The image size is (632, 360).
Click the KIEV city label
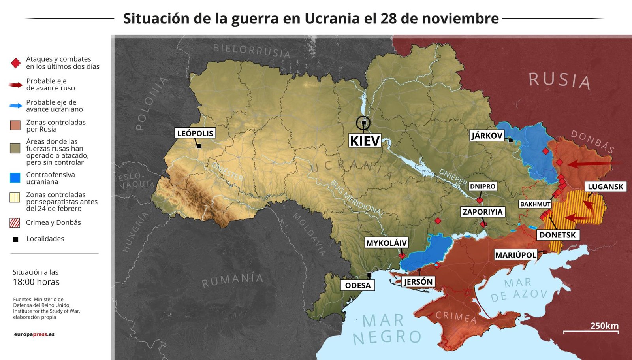click(365, 141)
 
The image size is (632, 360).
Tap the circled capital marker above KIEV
click(363, 123)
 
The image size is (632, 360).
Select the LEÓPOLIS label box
click(195, 133)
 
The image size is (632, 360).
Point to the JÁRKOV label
click(487, 136)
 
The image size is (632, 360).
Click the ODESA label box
click(358, 285)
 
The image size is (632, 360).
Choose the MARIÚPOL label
click(516, 255)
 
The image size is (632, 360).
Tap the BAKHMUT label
click(535, 204)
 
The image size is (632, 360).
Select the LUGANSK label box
click(605, 187)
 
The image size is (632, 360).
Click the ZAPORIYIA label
click(483, 212)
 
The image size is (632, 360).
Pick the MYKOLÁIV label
click(386, 243)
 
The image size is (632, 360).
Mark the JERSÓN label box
click(418, 282)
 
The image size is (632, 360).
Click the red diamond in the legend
click(15, 63)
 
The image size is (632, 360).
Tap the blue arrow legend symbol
click(16, 106)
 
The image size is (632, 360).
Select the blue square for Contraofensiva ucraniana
click(15, 178)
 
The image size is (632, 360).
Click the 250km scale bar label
click(604, 326)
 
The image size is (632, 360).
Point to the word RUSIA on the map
click(559, 81)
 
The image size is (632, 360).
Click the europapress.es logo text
click(34, 334)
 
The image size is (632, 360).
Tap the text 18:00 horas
click(36, 282)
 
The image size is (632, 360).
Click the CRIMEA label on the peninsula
click(456, 317)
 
